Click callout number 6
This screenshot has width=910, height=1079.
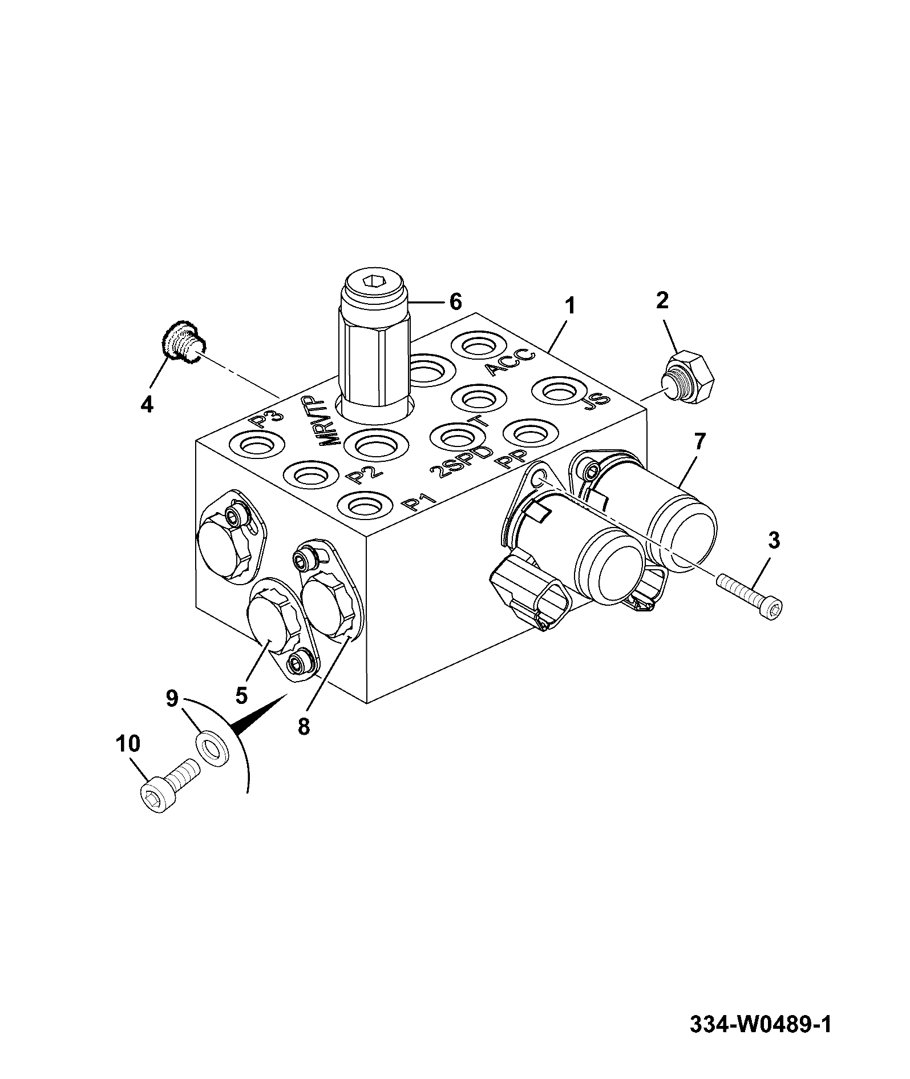455,301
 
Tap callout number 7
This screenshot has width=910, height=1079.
699,441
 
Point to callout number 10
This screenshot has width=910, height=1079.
128,744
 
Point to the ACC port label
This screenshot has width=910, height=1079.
512,362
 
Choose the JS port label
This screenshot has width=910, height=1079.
597,403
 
